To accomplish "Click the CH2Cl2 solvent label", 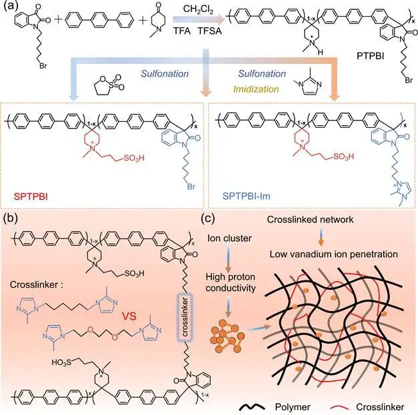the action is (x=198, y=10).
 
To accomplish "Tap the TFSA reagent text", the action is (x=210, y=31).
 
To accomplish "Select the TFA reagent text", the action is (x=183, y=31).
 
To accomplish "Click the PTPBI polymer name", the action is (x=370, y=56).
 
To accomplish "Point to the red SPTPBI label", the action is (x=31, y=197).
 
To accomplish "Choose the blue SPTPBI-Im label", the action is (x=247, y=196).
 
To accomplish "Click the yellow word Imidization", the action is (x=256, y=89).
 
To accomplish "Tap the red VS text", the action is (x=129, y=316).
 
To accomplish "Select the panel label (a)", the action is (x=11, y=6).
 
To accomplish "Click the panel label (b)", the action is (x=11, y=218).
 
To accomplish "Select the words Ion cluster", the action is (x=229, y=238).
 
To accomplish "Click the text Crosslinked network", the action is (x=310, y=219).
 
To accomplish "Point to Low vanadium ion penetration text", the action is (x=333, y=254).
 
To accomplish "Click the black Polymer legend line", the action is (x=252, y=407).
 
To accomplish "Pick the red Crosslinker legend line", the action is (x=339, y=408).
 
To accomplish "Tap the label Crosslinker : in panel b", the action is (x=37, y=284).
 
